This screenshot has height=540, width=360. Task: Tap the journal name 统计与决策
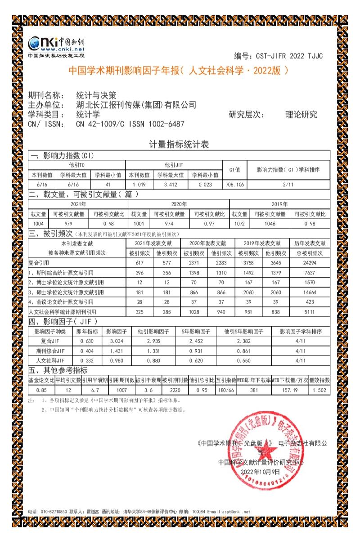(96, 95)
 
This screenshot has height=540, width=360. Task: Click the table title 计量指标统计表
(179, 144)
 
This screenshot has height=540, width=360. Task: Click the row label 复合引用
(40, 262)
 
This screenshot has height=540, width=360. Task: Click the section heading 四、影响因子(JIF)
(63, 322)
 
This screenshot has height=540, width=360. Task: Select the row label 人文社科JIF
(50, 360)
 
